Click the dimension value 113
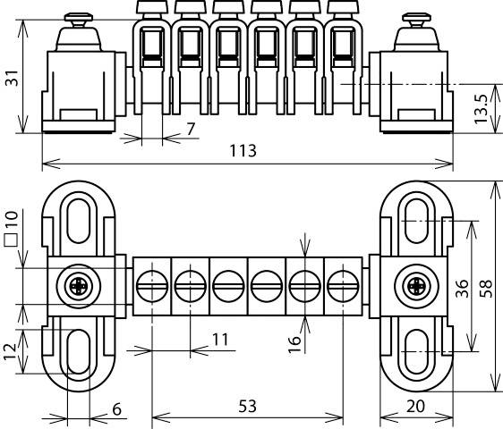coord(242,150)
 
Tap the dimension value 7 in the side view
coord(191,130)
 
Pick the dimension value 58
coord(487,289)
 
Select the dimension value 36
coord(461,289)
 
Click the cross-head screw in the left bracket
coord(78,287)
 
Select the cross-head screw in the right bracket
coord(414,287)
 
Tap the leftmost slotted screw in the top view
coord(152,288)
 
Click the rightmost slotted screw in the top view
coord(343,288)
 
